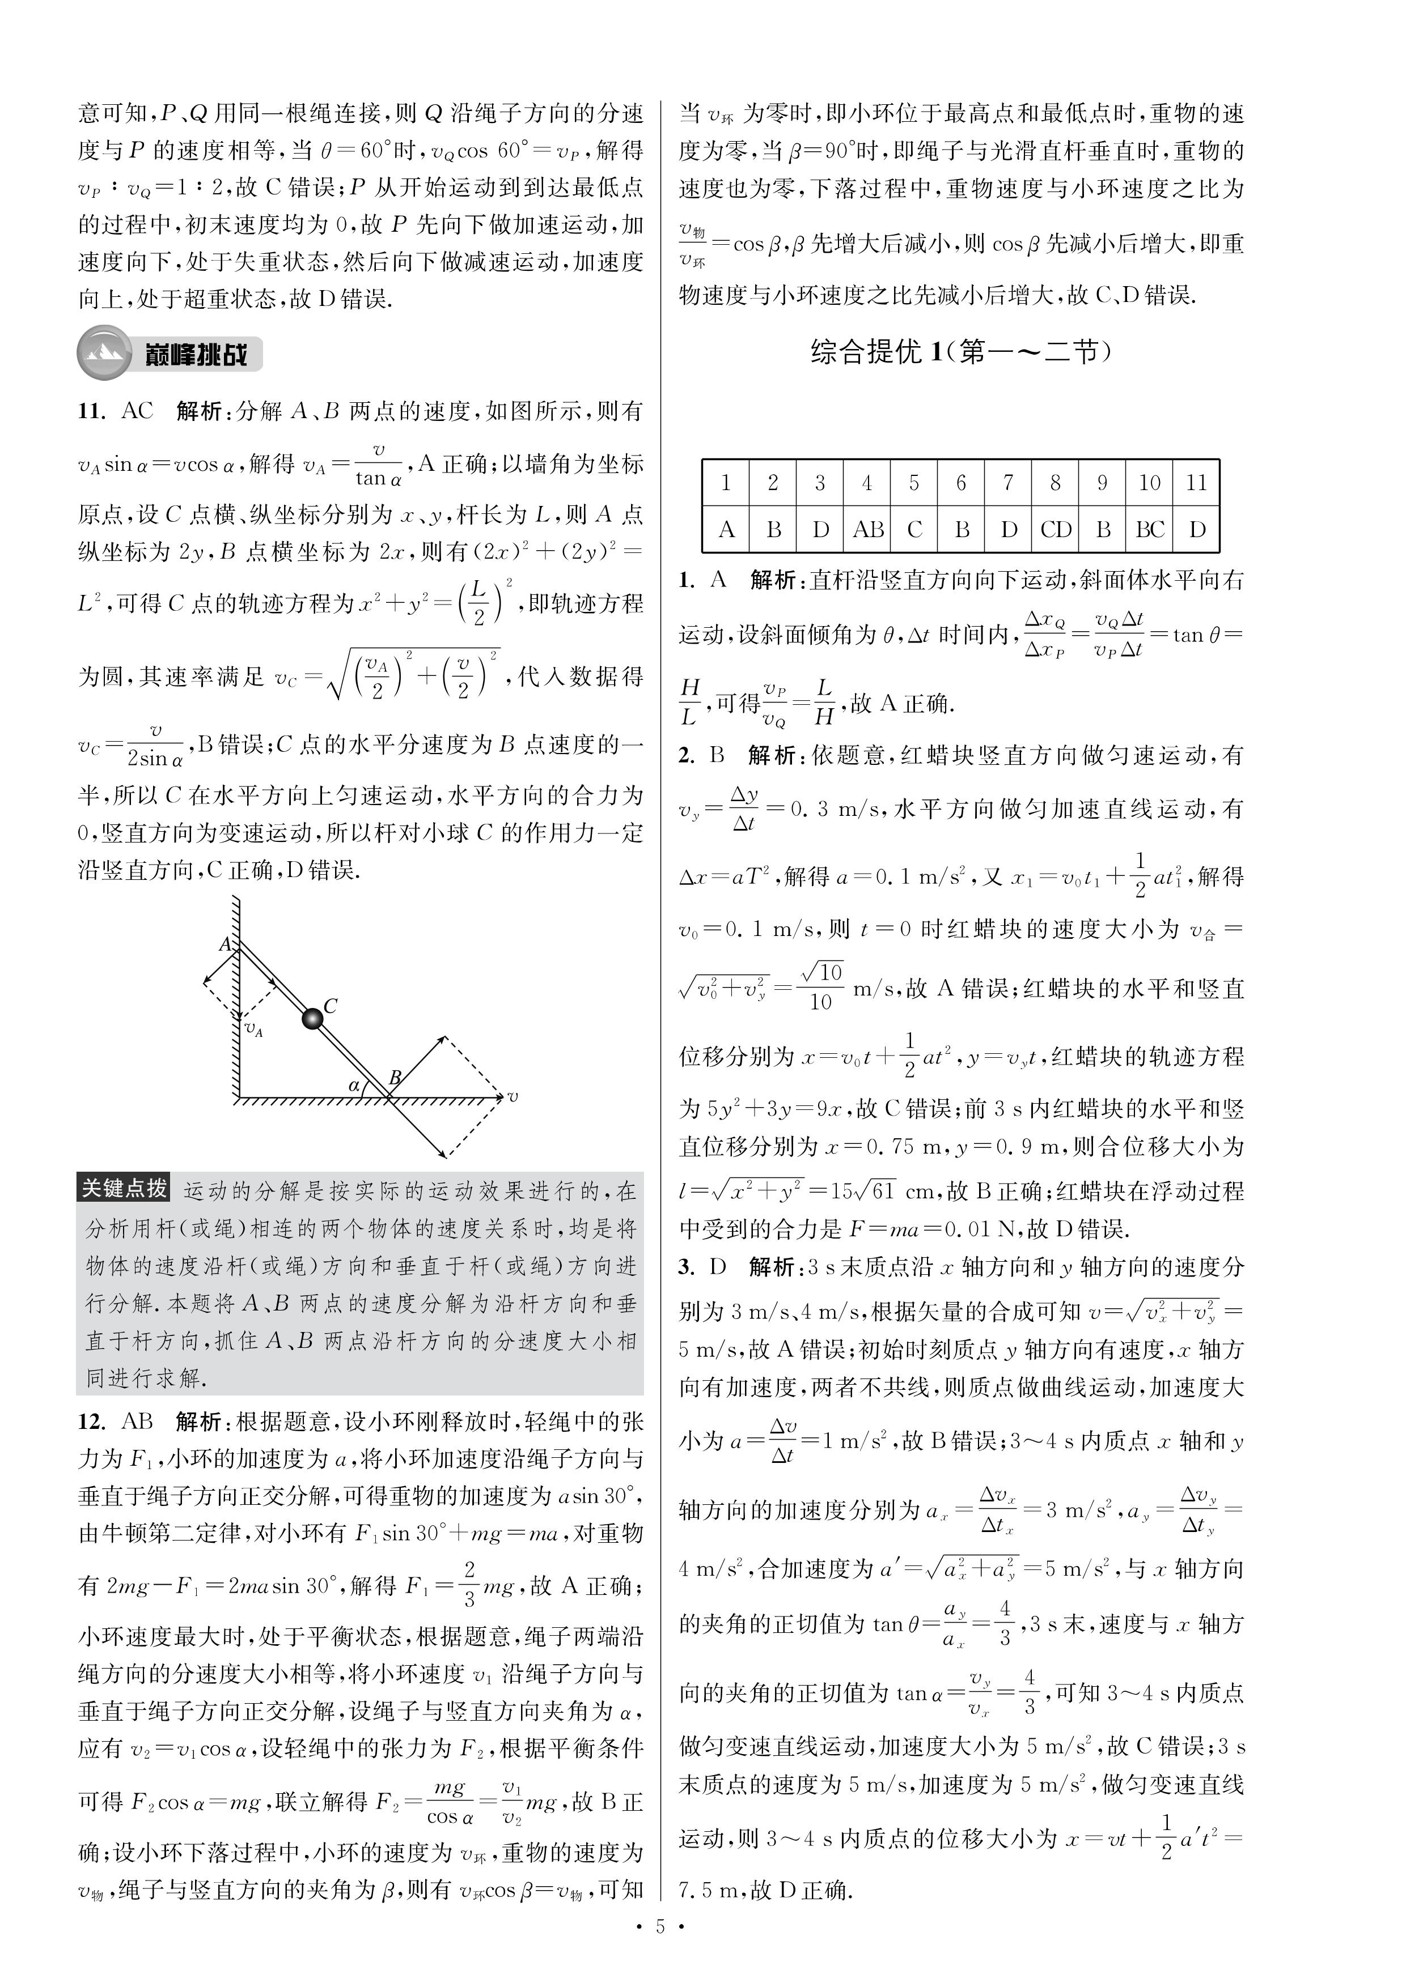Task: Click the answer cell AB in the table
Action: pyautogui.click(x=867, y=530)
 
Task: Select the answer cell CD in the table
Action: pyautogui.click(x=1056, y=530)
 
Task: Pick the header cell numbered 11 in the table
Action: pyautogui.click(x=1196, y=483)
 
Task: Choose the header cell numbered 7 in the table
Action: pyautogui.click(x=1008, y=483)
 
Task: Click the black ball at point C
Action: pyautogui.click(x=312, y=1019)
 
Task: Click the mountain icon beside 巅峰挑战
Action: pyautogui.click(x=104, y=353)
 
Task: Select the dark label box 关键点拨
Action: pyautogui.click(x=124, y=1188)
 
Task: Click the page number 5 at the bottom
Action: pyautogui.click(x=660, y=1951)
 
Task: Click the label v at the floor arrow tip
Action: pyautogui.click(x=514, y=1097)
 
